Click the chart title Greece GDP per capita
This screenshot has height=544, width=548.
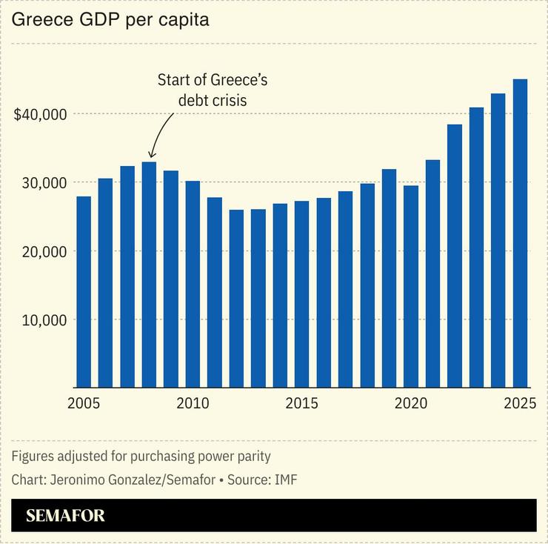(x=110, y=20)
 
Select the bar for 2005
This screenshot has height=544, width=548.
(x=84, y=292)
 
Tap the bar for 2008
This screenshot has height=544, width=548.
(x=150, y=274)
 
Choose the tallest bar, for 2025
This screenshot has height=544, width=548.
(x=520, y=233)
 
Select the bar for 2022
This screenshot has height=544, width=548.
(x=454, y=256)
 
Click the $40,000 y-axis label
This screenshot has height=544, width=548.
(x=41, y=114)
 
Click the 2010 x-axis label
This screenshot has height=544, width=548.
(x=193, y=404)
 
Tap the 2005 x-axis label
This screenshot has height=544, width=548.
(x=83, y=404)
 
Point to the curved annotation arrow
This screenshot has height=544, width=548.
(x=159, y=137)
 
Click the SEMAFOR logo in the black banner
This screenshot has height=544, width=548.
(x=65, y=516)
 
